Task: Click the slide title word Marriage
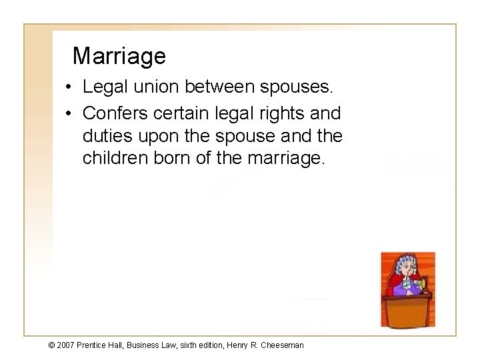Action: coord(119,56)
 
